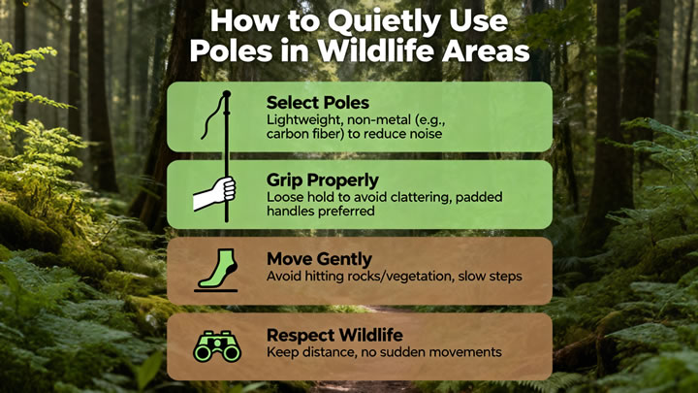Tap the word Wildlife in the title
tap(376, 50)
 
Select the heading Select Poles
tap(318, 103)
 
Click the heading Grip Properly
tap(323, 180)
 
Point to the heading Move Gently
tap(319, 259)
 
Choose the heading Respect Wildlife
tap(334, 335)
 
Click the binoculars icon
tap(217, 345)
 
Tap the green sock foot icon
tap(218, 269)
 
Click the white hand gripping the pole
tap(214, 193)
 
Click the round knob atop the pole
tap(227, 94)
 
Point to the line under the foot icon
tap(216, 291)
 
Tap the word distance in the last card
tap(329, 352)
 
